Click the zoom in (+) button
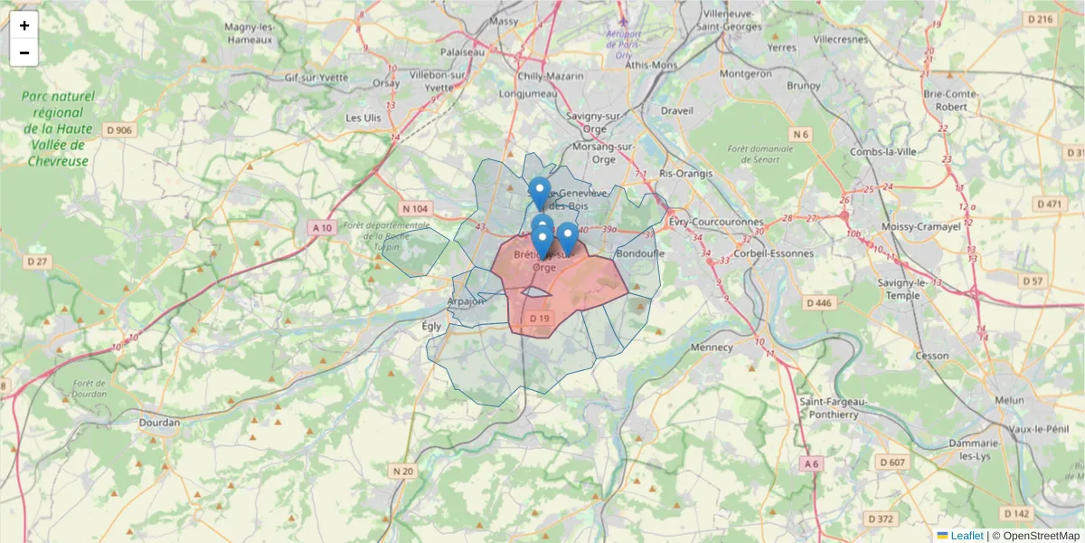24,25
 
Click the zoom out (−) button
24,52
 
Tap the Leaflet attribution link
967,536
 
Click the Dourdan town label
160,422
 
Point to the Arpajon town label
467,301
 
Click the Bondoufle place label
639,253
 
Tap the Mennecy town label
712,347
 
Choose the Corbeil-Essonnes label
775,253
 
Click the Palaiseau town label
463,52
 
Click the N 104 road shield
416,208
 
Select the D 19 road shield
539,319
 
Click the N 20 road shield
403,471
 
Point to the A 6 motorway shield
811,463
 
